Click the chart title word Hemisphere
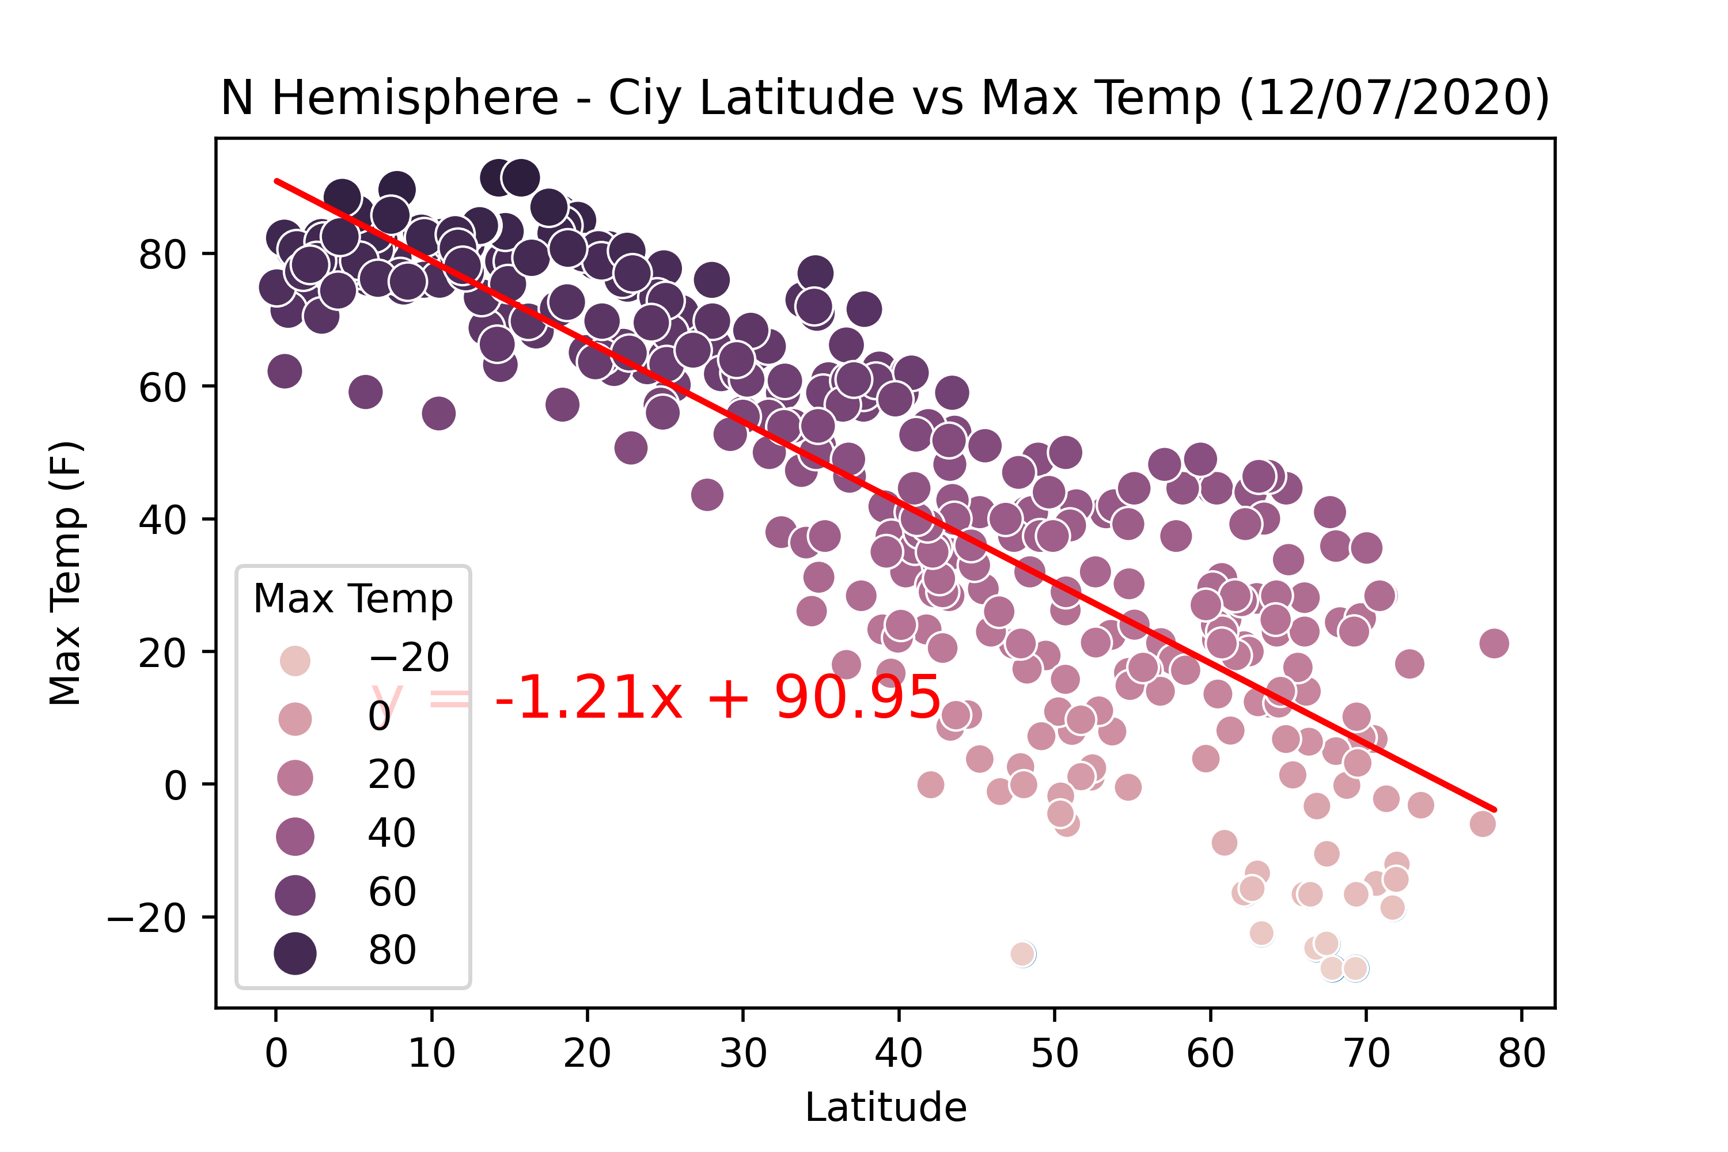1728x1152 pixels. [x=415, y=98]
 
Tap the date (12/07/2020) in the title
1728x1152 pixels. [x=1394, y=98]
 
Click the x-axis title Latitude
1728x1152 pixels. [x=885, y=1107]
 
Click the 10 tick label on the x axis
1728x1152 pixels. [x=431, y=1054]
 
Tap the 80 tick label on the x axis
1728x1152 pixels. [x=1522, y=1054]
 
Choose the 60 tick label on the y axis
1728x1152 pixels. [x=162, y=387]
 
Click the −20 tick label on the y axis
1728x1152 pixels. [x=146, y=918]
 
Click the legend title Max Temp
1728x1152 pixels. [x=353, y=599]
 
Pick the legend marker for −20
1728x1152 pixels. [x=294, y=660]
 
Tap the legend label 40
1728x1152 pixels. [x=392, y=833]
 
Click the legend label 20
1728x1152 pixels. [x=392, y=774]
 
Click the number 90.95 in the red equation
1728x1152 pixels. [x=858, y=697]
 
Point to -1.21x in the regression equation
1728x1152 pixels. [x=588, y=697]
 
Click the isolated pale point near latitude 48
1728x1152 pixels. [x=1022, y=954]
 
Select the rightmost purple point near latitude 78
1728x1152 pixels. [x=1494, y=643]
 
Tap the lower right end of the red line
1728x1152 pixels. [x=1494, y=810]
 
